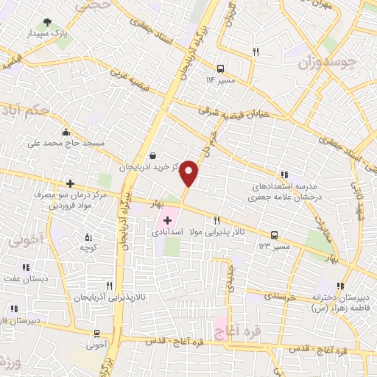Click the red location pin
point(189,172)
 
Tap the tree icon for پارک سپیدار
point(49,22)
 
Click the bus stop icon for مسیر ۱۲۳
point(275,235)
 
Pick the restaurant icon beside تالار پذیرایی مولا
point(216,220)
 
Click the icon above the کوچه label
point(89,237)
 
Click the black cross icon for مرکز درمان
point(70,183)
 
